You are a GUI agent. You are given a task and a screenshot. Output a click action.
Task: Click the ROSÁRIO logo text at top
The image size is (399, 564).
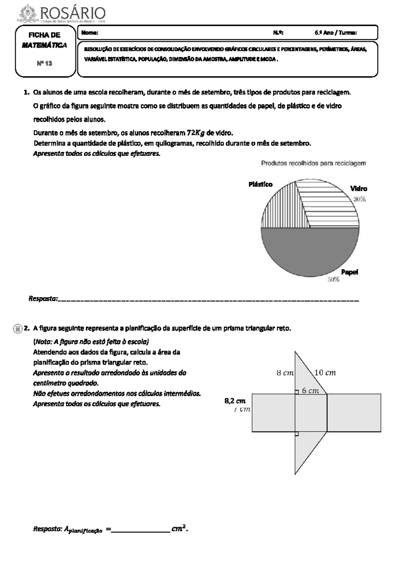click(72, 14)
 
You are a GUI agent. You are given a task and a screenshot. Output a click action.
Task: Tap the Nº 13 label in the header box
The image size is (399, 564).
click(45, 63)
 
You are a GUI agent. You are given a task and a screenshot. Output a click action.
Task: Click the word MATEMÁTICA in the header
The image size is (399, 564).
click(45, 45)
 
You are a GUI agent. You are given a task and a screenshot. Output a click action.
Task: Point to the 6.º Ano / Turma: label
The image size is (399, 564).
click(335, 33)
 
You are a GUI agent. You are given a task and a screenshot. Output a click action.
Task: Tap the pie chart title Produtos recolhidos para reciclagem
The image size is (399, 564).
click(313, 163)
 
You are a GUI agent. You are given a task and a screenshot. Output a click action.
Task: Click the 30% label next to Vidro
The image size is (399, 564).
click(359, 200)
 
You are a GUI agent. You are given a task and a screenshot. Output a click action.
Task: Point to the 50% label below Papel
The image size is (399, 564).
click(333, 280)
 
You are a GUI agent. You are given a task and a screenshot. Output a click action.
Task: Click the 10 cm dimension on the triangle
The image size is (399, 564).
click(325, 373)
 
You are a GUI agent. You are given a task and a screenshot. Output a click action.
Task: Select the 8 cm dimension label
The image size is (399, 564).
click(285, 373)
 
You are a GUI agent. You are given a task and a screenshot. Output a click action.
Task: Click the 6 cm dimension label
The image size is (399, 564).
click(310, 391)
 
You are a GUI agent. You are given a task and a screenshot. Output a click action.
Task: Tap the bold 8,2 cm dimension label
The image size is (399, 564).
click(235, 401)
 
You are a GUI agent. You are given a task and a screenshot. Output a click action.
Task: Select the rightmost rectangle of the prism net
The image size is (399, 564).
click(354, 413)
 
